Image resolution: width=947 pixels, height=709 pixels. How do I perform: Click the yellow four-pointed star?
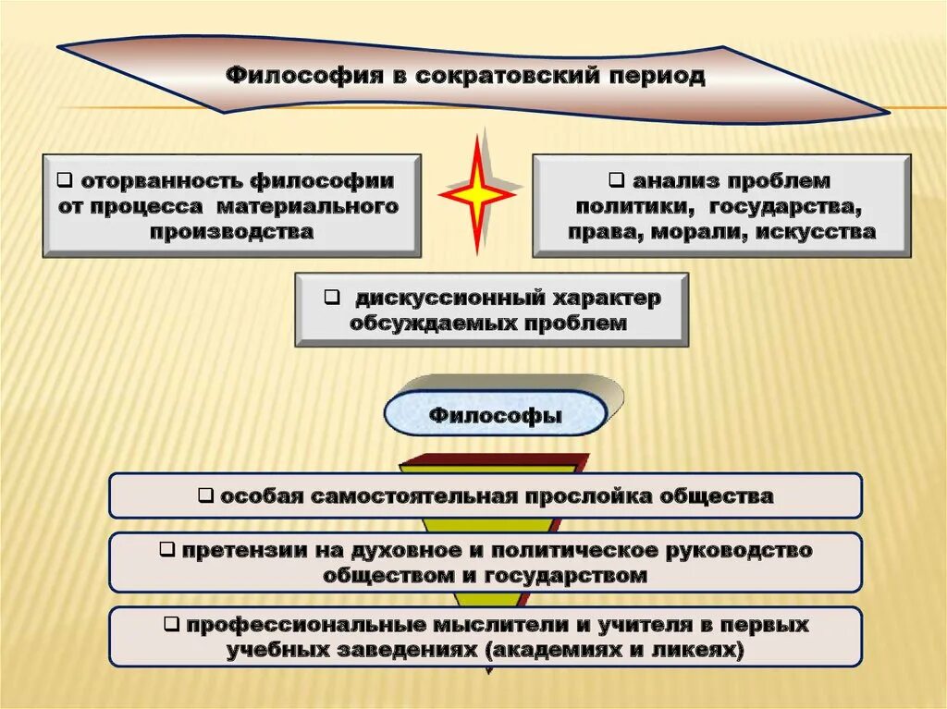pyautogui.click(x=477, y=194)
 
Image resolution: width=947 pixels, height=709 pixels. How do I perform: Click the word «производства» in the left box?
pyautogui.click(x=231, y=232)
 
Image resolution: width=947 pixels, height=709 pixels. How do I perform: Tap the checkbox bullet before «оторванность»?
pyautogui.click(x=66, y=178)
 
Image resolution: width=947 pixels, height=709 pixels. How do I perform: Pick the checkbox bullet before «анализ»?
pyautogui.click(x=615, y=178)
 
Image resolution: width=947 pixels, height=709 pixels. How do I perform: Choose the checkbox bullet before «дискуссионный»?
pyautogui.click(x=330, y=298)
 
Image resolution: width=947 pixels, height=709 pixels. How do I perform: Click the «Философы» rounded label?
pyautogui.click(x=496, y=415)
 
